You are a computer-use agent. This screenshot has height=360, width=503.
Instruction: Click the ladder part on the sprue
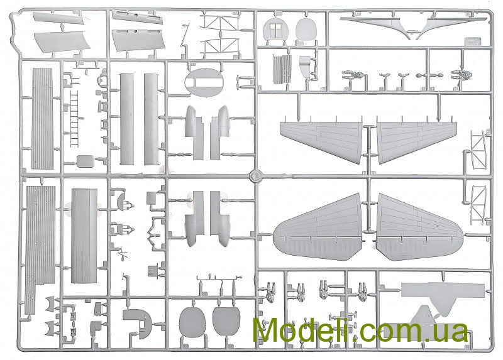(74, 119)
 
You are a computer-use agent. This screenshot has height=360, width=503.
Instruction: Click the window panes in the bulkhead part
(275, 30)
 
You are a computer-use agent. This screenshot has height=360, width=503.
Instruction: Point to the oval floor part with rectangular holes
(204, 83)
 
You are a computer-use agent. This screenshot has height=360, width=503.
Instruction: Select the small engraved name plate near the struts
(473, 41)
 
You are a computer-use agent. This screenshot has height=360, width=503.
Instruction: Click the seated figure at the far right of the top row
(461, 75)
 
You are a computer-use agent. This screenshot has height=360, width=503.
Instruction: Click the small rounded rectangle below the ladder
(86, 160)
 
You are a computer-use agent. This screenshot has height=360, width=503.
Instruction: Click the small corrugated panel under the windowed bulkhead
(282, 69)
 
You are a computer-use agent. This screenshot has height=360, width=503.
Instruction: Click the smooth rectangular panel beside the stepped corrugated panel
(84, 236)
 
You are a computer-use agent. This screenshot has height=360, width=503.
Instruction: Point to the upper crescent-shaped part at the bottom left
(51, 303)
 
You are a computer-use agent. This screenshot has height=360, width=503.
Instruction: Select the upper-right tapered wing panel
(416, 141)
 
